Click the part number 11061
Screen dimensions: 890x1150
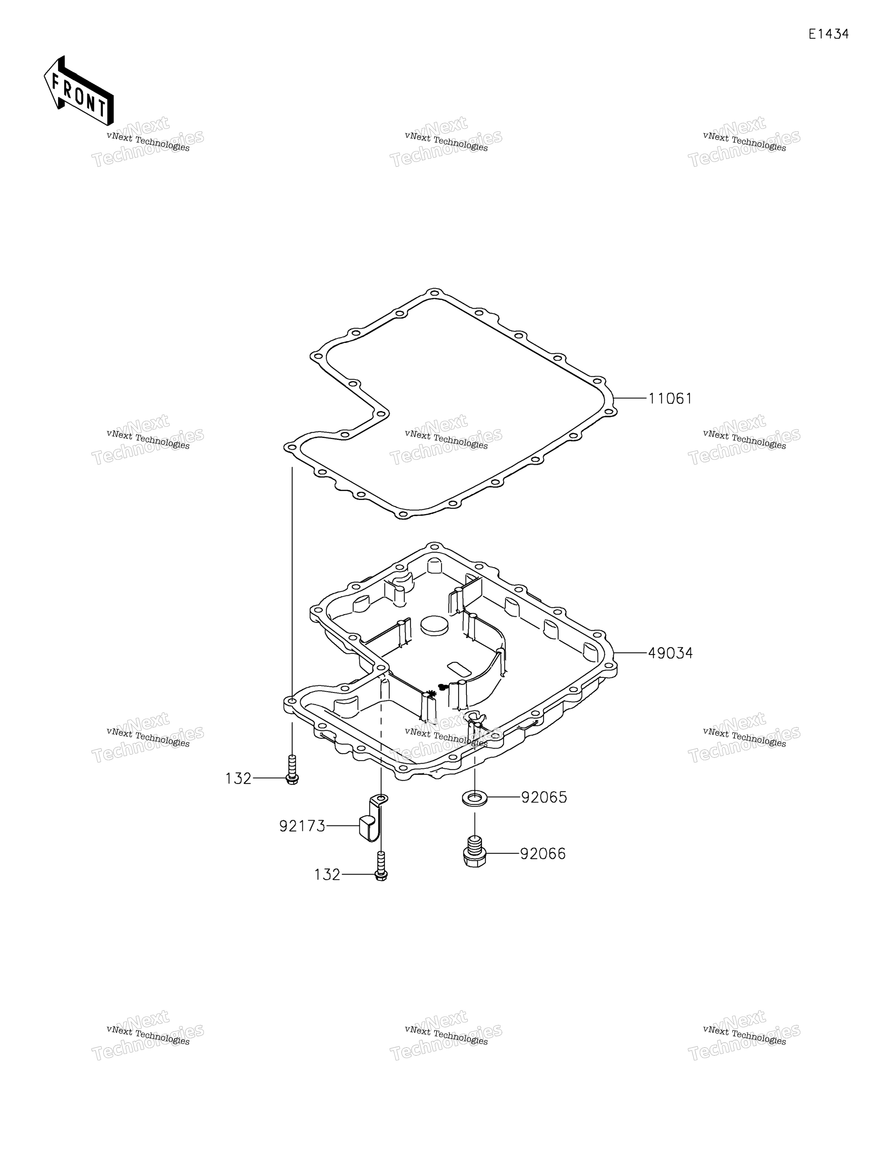click(x=670, y=399)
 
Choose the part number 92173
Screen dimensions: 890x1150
click(x=302, y=826)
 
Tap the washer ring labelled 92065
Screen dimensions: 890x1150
click(x=475, y=798)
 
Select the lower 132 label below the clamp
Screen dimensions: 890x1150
click(x=328, y=875)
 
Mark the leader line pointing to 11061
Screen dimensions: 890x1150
click(x=630, y=399)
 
